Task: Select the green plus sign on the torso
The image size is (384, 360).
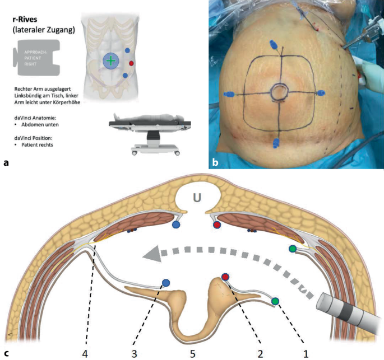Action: click(112, 60)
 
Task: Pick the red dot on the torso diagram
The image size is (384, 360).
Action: click(131, 63)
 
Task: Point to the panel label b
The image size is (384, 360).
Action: click(216, 163)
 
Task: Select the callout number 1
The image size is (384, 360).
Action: click(306, 353)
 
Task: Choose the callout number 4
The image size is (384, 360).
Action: click(85, 353)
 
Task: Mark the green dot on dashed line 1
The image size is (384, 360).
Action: click(275, 301)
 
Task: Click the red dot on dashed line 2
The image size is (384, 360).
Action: click(225, 277)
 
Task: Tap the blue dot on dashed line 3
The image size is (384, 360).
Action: click(165, 283)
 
